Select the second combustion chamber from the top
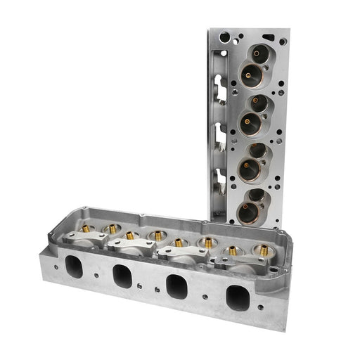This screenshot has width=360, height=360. click(254, 115)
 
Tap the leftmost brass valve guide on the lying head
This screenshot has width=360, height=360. click(86, 229)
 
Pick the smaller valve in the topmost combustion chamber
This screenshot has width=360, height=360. click(261, 53)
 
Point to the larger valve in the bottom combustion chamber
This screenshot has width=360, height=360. click(250, 211)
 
